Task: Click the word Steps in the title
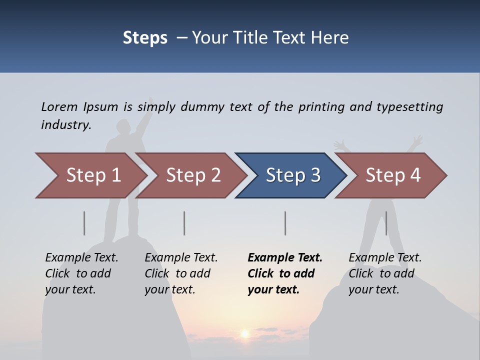tap(145, 37)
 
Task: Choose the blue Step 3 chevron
tap(293, 175)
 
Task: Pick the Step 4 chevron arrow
tap(393, 175)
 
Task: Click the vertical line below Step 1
tap(84, 223)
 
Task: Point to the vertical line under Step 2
tap(184, 223)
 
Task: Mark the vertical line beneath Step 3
tap(285, 223)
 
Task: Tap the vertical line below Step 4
tap(386, 223)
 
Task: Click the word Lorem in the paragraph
tap(59, 106)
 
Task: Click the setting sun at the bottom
tap(245, 333)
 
